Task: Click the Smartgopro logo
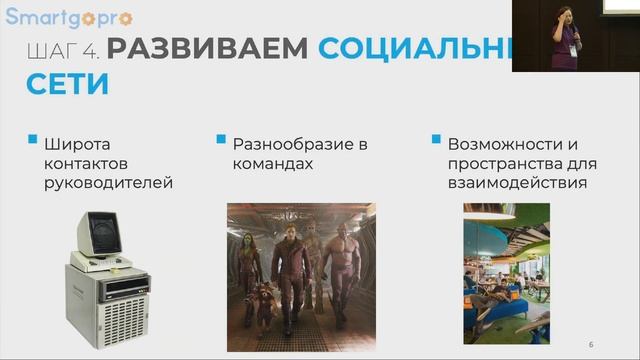pyautogui.click(x=69, y=17)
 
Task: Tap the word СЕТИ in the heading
pyautogui.click(x=68, y=83)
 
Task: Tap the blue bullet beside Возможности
pyautogui.click(x=436, y=140)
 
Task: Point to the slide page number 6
pyautogui.click(x=591, y=344)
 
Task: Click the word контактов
pyautogui.click(x=89, y=163)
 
